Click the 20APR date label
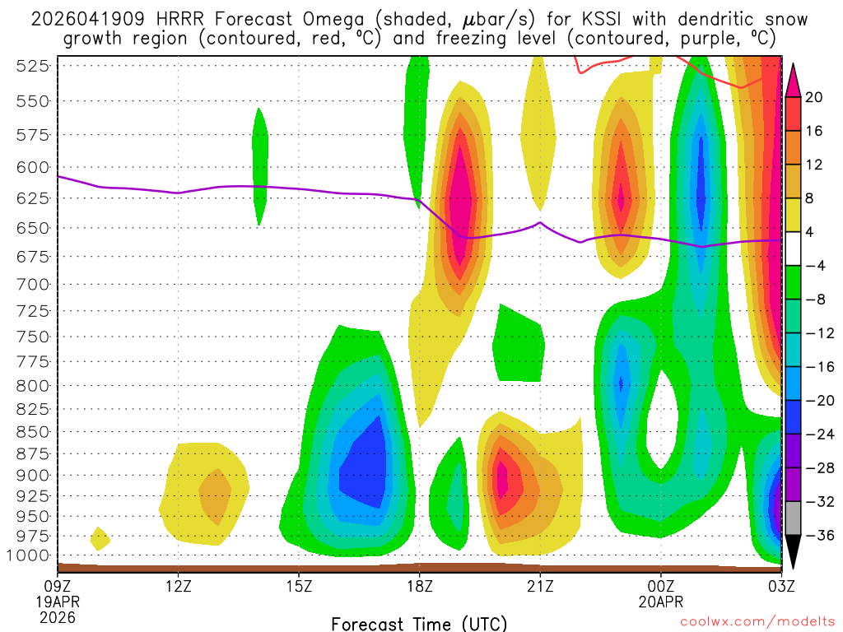[x=661, y=601]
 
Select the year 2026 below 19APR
[x=57, y=616]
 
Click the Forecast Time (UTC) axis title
[x=419, y=623]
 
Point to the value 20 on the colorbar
[x=814, y=97]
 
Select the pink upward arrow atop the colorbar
[x=793, y=79]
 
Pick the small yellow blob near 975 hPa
[x=100, y=539]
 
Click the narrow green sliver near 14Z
[x=260, y=165]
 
